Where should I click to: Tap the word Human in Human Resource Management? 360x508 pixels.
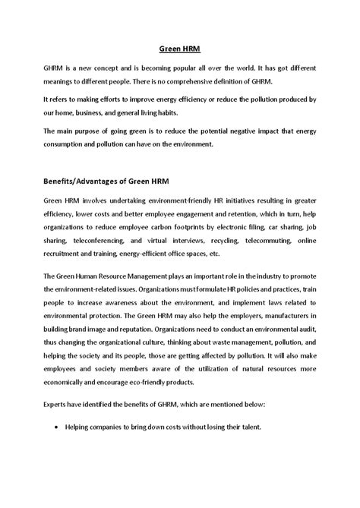pos(93,276)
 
